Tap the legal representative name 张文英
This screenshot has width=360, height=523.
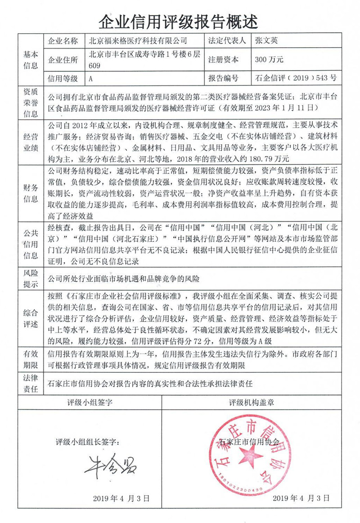tap(266, 41)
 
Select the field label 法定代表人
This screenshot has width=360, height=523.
tap(227, 41)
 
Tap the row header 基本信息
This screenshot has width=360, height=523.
tap(31, 59)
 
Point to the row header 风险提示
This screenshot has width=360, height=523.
tap(31, 278)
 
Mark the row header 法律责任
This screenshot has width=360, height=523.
tap(31, 383)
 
